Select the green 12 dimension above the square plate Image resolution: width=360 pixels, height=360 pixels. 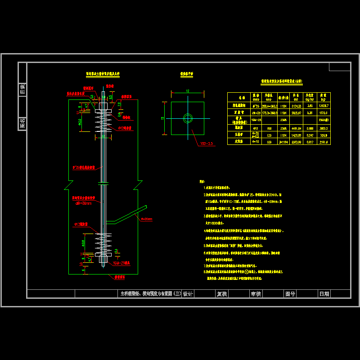coord(187,91)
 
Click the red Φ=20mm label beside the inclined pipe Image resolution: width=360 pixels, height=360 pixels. coord(146,219)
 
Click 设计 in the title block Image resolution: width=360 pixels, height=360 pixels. coord(188,294)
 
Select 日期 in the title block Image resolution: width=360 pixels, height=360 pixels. coord(324,294)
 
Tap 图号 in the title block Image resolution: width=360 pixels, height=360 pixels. coord(290,294)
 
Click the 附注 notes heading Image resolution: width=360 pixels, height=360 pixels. coord(202,182)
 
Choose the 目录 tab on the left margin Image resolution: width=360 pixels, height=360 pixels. coord(22,89)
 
